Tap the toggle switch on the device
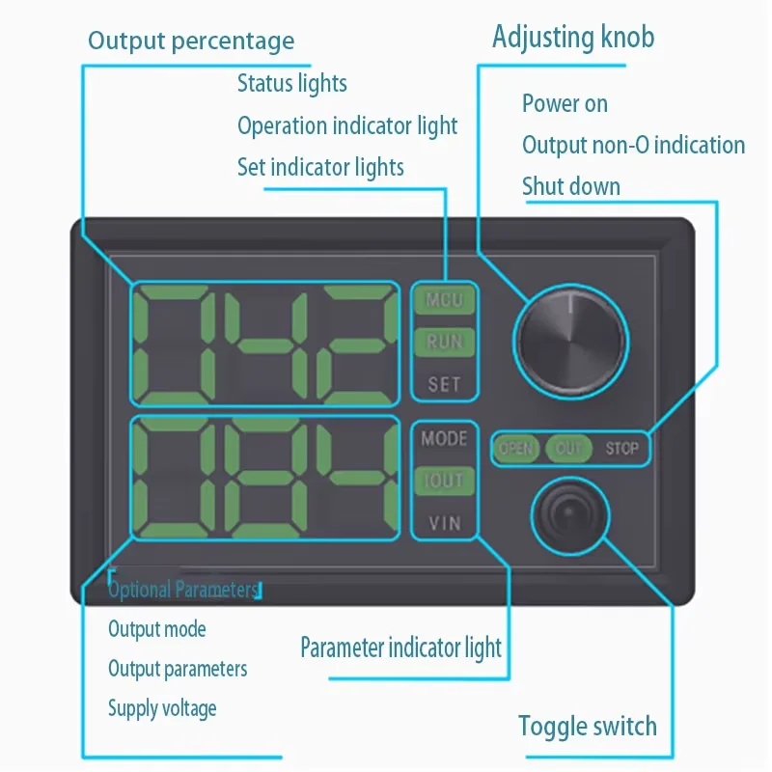click(x=570, y=519)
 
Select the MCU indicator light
click(x=444, y=300)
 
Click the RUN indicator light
click(x=444, y=342)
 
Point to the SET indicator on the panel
click(x=444, y=384)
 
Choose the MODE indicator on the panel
click(x=444, y=438)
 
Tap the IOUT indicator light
click(x=444, y=481)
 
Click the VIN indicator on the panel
click(x=444, y=523)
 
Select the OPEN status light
click(x=516, y=449)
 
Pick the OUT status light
click(x=568, y=449)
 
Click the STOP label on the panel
click(x=621, y=449)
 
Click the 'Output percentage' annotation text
click(x=191, y=41)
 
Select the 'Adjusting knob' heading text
click(x=573, y=38)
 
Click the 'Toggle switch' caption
click(x=587, y=726)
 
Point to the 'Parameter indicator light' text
click(x=400, y=647)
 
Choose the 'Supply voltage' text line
click(x=162, y=708)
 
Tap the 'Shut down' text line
click(x=571, y=186)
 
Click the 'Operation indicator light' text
click(x=347, y=125)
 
